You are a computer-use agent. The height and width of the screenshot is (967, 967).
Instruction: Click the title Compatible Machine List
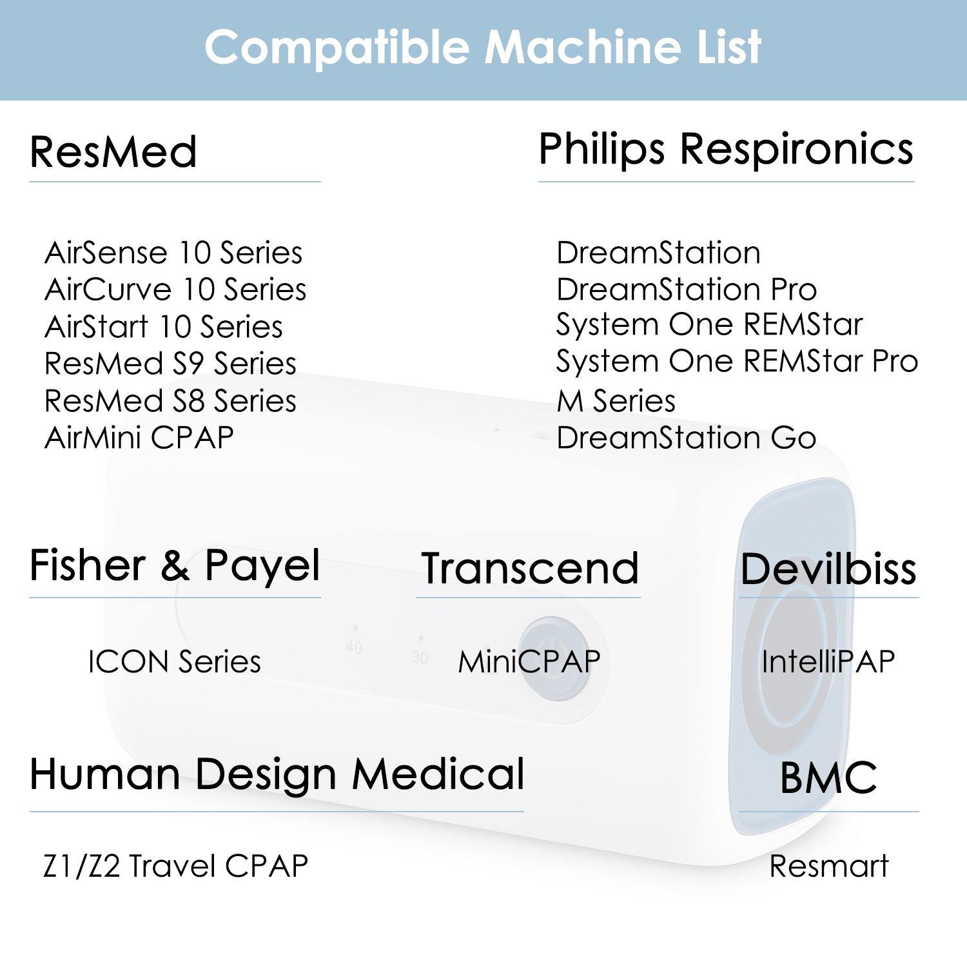(483, 48)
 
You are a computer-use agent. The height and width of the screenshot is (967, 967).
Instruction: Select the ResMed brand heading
(113, 152)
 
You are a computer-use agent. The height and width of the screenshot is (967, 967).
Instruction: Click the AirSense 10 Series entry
(173, 253)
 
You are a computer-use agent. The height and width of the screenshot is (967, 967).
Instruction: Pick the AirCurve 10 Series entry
(175, 289)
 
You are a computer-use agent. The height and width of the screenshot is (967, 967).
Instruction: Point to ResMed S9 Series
(170, 364)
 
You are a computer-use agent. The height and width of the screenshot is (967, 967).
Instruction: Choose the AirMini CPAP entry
(139, 438)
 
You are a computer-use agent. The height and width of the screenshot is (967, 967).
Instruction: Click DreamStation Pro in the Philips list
(687, 289)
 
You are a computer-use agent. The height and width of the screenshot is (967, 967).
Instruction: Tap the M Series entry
(616, 401)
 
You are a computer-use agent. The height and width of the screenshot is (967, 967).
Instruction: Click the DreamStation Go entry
(687, 438)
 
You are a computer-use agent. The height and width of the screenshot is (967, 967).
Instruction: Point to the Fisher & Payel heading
(175, 566)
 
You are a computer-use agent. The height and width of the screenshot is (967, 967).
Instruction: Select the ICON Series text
(175, 662)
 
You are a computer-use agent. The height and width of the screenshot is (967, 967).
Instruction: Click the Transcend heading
(530, 569)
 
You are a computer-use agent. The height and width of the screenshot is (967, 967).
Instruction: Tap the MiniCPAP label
(529, 662)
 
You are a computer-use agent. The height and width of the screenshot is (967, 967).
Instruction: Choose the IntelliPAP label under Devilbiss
(828, 662)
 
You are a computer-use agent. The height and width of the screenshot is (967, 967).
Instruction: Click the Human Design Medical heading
(277, 774)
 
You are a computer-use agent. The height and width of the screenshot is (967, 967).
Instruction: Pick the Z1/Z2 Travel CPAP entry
(175, 866)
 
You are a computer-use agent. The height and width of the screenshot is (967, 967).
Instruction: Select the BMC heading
(828, 777)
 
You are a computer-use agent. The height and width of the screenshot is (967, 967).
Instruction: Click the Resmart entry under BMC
(829, 866)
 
